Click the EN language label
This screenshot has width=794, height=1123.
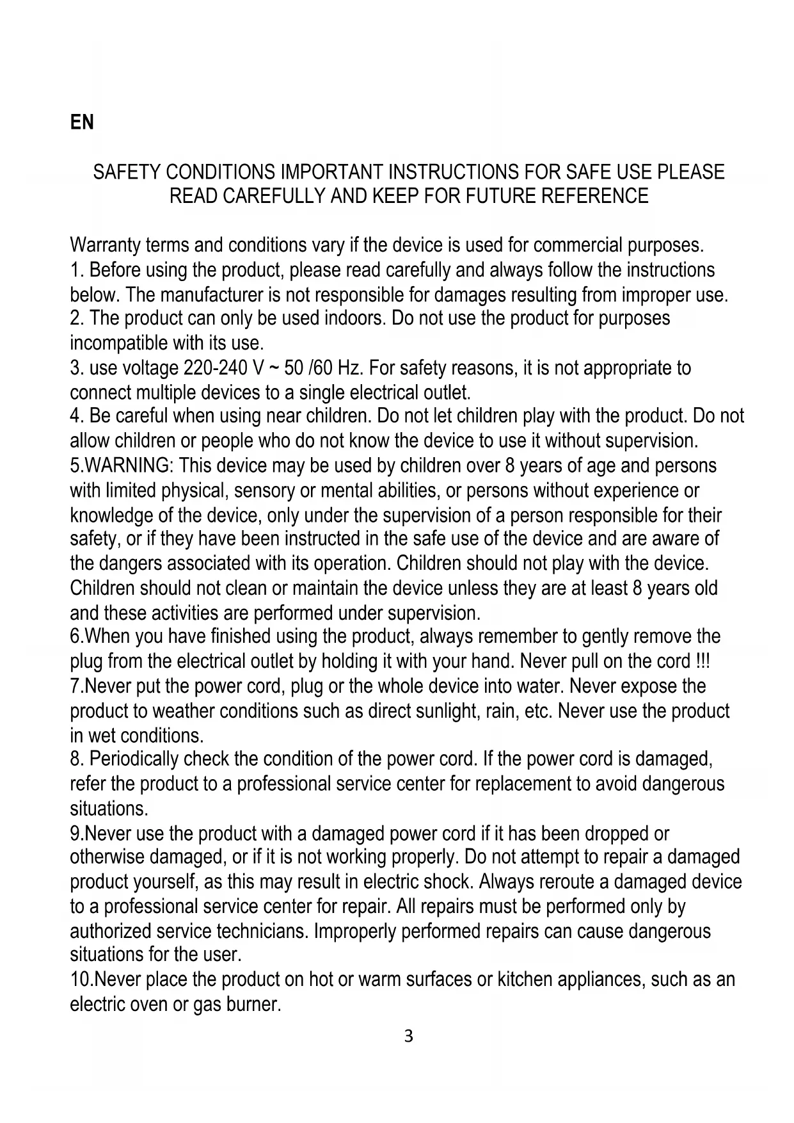82,122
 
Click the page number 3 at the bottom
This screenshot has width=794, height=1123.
409,1036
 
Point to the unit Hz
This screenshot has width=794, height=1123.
350,369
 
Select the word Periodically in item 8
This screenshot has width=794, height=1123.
134,759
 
